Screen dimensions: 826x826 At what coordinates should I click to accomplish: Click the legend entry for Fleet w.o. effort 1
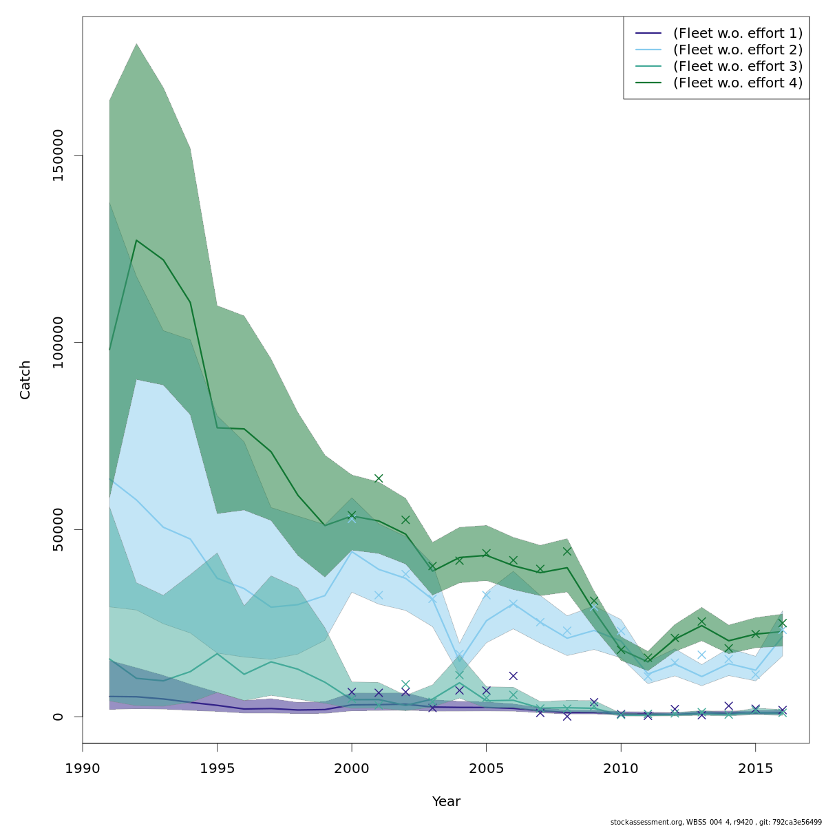pos(737,33)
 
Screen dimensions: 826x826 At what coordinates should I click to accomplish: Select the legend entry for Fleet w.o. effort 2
pos(737,50)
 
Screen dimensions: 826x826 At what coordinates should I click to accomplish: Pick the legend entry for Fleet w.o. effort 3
pos(737,66)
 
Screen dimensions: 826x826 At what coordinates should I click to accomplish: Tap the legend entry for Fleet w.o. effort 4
pos(737,83)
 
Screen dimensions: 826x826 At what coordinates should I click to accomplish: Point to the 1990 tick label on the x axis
pos(83,767)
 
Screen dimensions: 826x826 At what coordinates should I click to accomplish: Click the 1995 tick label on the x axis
pos(217,767)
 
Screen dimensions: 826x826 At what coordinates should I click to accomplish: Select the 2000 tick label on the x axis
pos(352,767)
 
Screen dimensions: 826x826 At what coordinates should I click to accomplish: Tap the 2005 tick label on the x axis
pos(486,767)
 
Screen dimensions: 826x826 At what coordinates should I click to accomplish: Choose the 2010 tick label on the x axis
pos(621,767)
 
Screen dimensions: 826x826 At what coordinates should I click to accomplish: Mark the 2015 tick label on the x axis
pos(755,767)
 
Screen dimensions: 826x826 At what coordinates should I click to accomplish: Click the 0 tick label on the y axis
pos(58,717)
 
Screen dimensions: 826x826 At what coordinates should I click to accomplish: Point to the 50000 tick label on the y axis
pos(58,529)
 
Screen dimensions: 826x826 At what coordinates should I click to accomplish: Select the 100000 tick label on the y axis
pos(58,342)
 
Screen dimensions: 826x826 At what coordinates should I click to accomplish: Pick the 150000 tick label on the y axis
pos(58,156)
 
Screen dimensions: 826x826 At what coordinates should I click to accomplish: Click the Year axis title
pos(446,802)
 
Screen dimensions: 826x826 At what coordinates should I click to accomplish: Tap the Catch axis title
pos(25,379)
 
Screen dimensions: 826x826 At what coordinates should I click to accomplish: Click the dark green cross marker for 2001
pos(379,478)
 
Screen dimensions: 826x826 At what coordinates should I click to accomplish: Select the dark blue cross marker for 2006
pos(513,676)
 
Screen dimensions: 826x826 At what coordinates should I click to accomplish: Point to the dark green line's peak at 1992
pos(136,240)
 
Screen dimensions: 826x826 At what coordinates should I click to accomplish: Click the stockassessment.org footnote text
pos(715,822)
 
